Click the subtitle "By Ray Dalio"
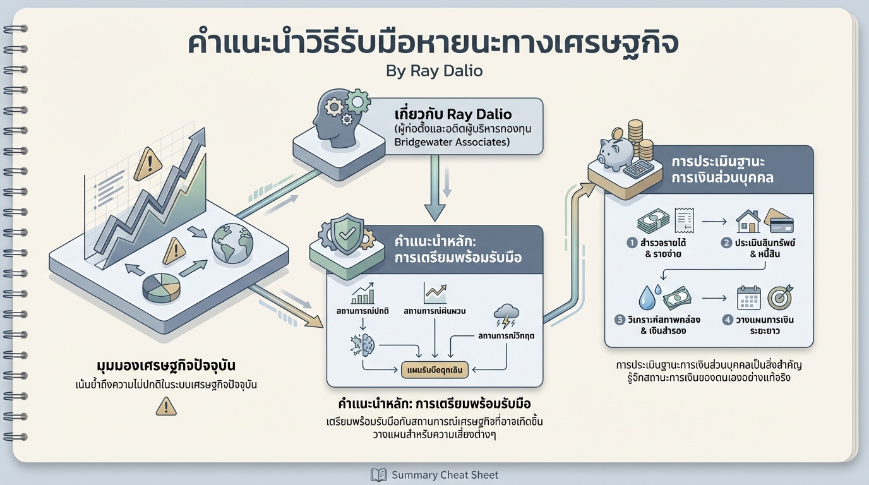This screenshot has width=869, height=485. [434, 70]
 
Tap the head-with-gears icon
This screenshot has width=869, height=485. [338, 116]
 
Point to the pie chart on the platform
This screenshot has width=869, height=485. [162, 287]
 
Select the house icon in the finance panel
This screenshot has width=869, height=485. [748, 222]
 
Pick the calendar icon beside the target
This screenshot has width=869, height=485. [749, 297]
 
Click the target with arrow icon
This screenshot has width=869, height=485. [780, 297]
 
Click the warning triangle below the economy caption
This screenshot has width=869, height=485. [165, 406]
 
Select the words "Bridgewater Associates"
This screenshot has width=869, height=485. [451, 142]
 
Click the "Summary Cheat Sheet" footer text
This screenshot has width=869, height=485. [445, 475]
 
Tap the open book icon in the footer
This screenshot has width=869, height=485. [378, 475]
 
